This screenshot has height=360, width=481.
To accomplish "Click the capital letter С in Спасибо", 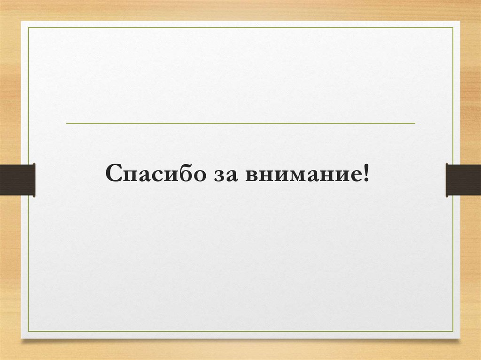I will (x=114, y=174).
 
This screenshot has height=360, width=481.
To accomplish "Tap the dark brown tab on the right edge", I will (x=463, y=179).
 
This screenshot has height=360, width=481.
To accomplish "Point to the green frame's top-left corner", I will (x=28, y=28).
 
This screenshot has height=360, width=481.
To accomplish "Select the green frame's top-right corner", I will (x=453, y=28).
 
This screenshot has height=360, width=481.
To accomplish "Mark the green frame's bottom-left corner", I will (x=28, y=331).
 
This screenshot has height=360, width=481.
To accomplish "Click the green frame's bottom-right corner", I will (x=453, y=331).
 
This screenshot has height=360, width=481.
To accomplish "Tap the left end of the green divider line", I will (x=67, y=123).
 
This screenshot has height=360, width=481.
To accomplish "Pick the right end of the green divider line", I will (x=415, y=123).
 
